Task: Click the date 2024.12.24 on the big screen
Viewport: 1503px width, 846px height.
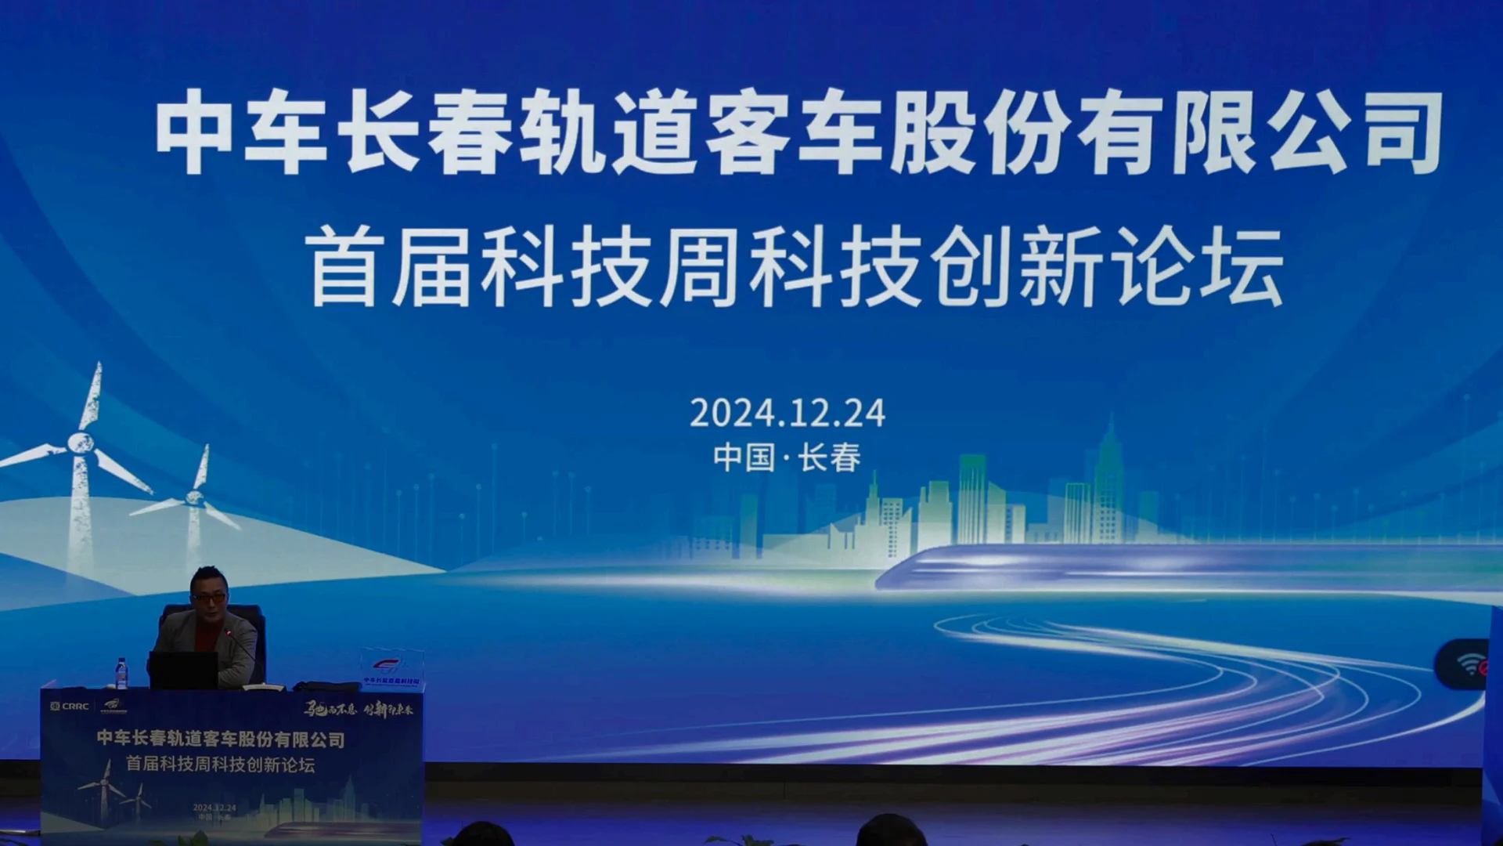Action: (787, 413)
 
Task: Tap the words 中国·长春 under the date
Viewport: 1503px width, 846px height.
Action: (787, 457)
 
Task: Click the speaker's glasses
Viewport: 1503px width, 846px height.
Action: (209, 597)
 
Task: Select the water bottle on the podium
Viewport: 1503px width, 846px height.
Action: (121, 674)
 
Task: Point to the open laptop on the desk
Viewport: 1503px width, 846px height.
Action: (183, 671)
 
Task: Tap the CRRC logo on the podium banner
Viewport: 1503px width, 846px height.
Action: (70, 706)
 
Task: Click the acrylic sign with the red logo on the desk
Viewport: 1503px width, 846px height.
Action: (391, 670)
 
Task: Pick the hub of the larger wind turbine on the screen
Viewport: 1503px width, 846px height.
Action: (80, 443)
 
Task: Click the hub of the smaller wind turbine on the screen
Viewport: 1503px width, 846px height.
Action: (195, 497)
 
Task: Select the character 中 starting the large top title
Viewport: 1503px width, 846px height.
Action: (194, 132)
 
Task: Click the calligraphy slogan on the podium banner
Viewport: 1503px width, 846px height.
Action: (359, 709)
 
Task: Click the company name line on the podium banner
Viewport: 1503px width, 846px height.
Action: (221, 739)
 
